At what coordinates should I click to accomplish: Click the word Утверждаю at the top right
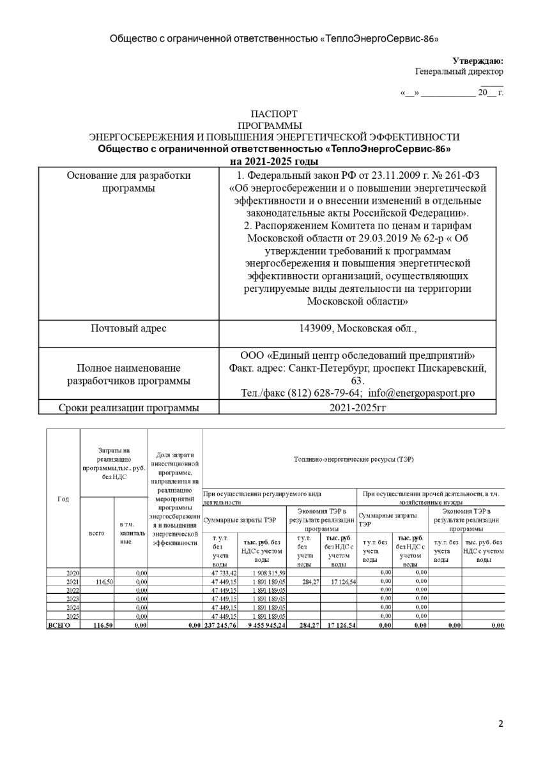[477, 61]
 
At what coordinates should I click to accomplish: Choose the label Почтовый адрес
[128, 328]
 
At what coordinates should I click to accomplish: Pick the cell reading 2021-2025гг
[357, 407]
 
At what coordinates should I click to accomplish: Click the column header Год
[63, 499]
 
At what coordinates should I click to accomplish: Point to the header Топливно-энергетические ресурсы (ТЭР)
[353, 459]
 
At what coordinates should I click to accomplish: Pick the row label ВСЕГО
[59, 626]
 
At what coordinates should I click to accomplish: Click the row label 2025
[72, 616]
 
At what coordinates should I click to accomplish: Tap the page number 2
[501, 724]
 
